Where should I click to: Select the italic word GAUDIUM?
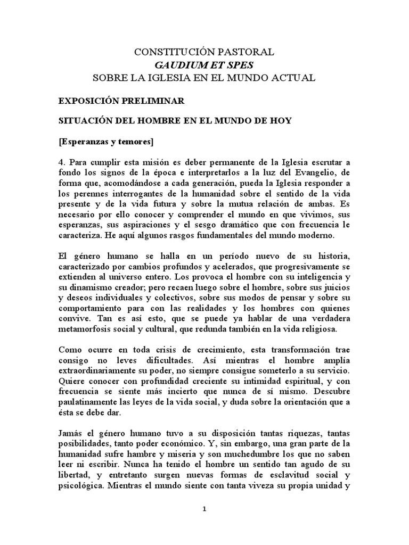179,65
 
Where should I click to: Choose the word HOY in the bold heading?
281,120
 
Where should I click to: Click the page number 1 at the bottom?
204,509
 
